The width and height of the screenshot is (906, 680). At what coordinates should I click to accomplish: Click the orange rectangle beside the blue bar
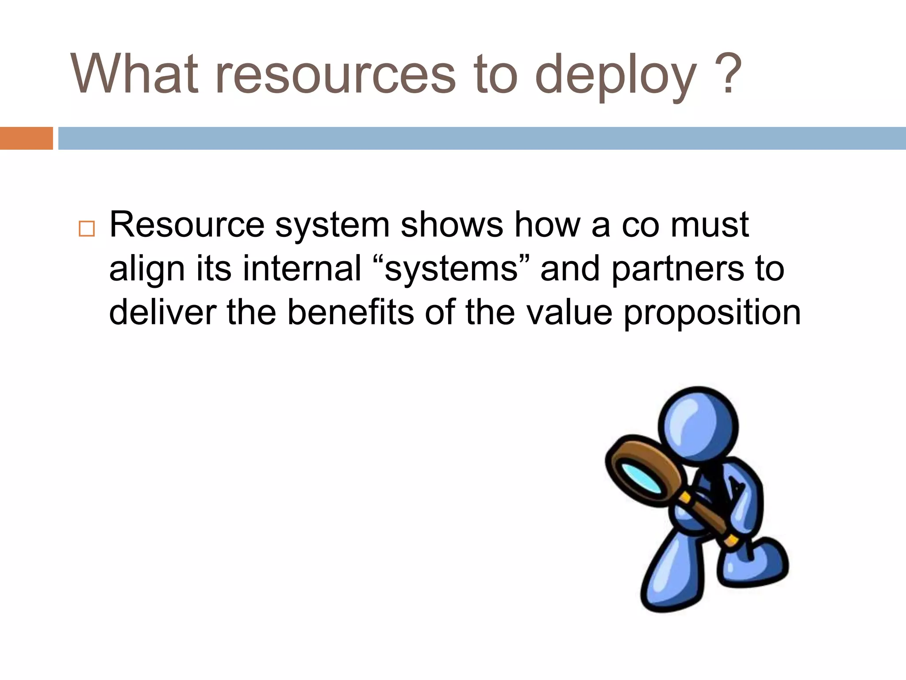tap(26, 138)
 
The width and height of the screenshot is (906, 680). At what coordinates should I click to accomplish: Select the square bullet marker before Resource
tap(86, 229)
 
